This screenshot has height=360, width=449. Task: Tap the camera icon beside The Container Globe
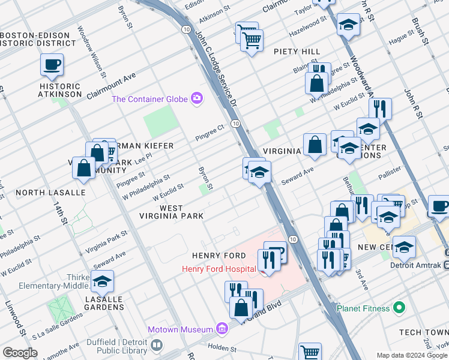196,99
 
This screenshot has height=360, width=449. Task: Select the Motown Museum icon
221,329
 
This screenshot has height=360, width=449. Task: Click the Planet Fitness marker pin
398,308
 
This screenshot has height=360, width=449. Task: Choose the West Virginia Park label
171,212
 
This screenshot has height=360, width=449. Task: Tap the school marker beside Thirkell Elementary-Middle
103,280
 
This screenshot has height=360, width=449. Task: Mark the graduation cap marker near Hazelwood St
348,25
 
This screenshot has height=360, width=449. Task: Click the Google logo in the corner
20,352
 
